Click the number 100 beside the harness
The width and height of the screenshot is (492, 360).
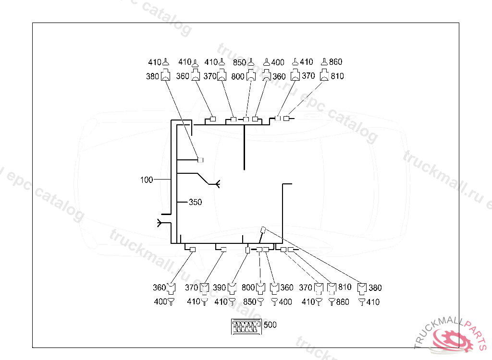click(x=147, y=180)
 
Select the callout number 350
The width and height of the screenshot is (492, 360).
click(x=195, y=203)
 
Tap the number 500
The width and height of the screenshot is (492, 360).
click(x=271, y=325)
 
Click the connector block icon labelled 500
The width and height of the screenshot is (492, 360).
click(x=246, y=327)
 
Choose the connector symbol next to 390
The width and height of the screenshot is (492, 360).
click(x=233, y=288)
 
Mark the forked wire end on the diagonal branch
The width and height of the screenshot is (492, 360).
click(x=216, y=183)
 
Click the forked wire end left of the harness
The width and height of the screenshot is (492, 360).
click(x=160, y=222)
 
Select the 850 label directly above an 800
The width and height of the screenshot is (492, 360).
click(x=240, y=62)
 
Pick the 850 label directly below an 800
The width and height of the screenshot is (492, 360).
click(x=250, y=302)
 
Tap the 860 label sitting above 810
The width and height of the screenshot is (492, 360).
click(x=336, y=62)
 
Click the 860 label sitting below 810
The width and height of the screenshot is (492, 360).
click(x=343, y=302)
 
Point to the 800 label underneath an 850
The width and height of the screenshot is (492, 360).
click(x=238, y=76)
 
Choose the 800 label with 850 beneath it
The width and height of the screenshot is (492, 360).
click(x=248, y=288)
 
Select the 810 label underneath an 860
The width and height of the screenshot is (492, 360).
click(x=337, y=76)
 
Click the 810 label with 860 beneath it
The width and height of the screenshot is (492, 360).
click(x=344, y=288)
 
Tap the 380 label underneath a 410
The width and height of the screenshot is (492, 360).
click(x=153, y=76)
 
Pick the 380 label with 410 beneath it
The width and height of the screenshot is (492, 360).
click(x=375, y=288)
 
